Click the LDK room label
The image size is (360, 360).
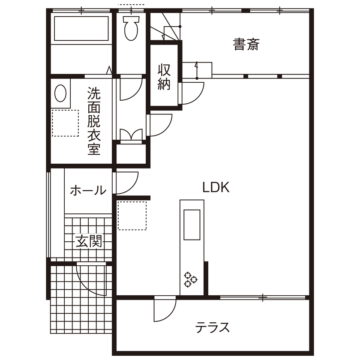(216, 188)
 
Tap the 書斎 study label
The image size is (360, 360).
(246, 45)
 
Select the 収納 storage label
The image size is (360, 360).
(164, 77)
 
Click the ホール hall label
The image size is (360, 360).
(87, 190)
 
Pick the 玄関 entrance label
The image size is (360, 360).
(89, 242)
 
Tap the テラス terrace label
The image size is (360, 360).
(213, 328)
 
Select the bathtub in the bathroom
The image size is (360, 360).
(81, 29)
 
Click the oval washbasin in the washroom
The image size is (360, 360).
(61, 93)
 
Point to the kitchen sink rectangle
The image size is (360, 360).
(192, 225)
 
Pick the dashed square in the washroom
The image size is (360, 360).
(66, 123)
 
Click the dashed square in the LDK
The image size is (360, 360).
(132, 215)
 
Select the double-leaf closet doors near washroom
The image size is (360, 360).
(131, 135)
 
